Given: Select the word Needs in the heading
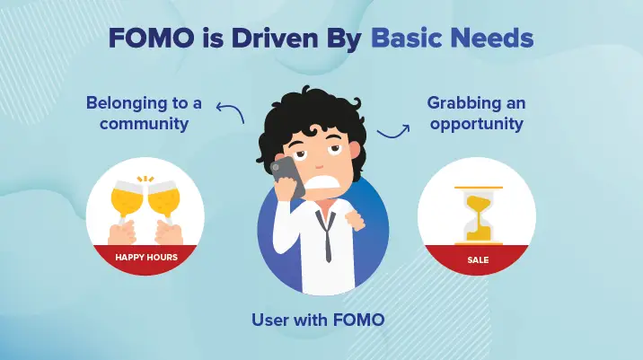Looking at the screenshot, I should [490, 40].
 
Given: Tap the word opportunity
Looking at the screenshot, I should [476, 123].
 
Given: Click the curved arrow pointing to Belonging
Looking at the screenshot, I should [231, 111].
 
